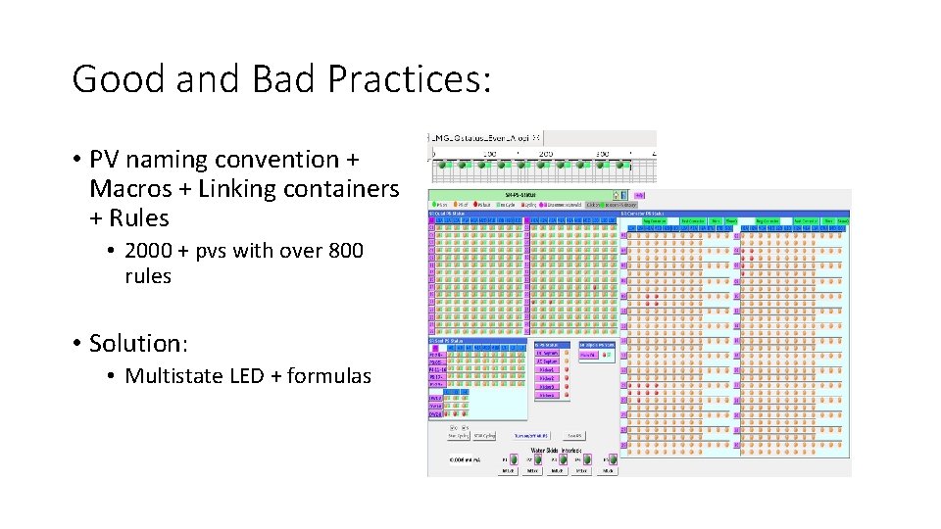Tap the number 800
coord(344,251)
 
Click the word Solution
coord(137,343)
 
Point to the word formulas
coord(327,375)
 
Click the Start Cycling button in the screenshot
coord(457,435)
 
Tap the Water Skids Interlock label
coord(561,450)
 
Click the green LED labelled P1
coord(514,458)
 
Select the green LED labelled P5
coord(614,458)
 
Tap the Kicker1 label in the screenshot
coord(546,370)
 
